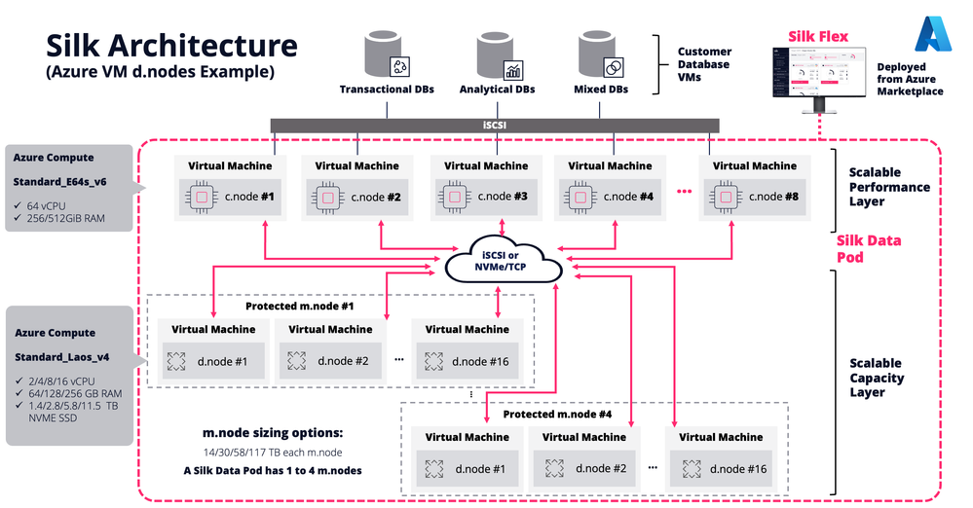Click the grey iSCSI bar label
point(494,125)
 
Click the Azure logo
point(931,34)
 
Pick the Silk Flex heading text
point(817,37)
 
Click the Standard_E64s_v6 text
point(58,181)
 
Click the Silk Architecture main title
point(171,45)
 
